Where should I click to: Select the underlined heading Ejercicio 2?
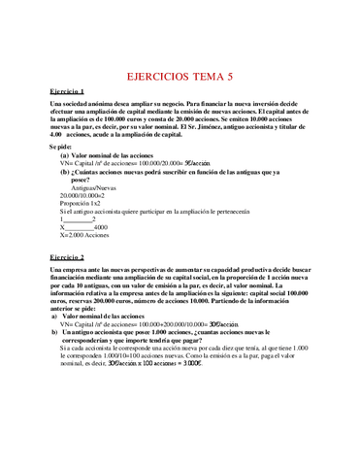67,255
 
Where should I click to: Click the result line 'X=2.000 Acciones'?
83,234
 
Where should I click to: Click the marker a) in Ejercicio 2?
54,316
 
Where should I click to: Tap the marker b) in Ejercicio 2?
54,332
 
